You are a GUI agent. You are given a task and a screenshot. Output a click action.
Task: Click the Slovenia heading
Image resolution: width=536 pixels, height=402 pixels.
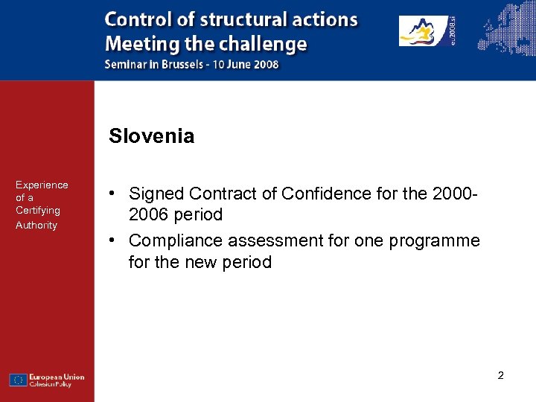click(151, 136)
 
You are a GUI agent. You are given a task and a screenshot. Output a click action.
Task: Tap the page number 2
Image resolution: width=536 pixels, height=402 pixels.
click(500, 376)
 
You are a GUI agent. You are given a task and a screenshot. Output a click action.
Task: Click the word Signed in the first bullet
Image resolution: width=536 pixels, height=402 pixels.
click(156, 194)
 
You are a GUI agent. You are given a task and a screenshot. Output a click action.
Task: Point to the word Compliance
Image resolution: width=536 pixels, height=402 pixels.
click(176, 241)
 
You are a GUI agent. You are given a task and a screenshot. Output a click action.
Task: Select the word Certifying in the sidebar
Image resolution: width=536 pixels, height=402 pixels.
click(38, 211)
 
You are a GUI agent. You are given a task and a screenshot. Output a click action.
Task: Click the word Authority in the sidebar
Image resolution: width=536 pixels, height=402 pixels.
click(36, 225)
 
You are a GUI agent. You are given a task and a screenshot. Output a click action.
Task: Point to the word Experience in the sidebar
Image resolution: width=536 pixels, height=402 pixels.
click(42, 185)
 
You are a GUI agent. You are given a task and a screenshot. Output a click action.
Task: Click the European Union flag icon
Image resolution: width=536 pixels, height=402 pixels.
click(18, 380)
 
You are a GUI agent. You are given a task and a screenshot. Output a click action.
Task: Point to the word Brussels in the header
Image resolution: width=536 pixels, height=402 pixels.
click(181, 65)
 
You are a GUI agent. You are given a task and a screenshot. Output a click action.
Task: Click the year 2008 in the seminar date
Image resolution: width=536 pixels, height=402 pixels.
click(266, 65)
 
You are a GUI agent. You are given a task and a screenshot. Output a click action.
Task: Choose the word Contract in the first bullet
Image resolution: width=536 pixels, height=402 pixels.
click(217, 194)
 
